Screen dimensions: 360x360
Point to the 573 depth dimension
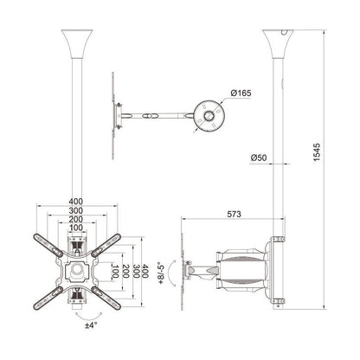coord(228,212)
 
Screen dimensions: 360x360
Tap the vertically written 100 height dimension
coord(116,273)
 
